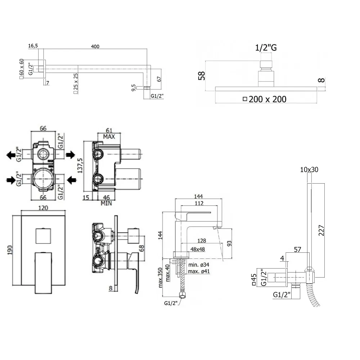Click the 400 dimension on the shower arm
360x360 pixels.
[95, 46]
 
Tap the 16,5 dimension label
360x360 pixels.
[33, 46]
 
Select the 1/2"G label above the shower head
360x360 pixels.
[266, 48]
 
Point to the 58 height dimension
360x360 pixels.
[203, 76]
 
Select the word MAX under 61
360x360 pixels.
[109, 137]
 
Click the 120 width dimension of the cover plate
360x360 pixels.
[43, 208]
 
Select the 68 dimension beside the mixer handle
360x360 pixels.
[141, 248]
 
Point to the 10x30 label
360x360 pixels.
[309, 169]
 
